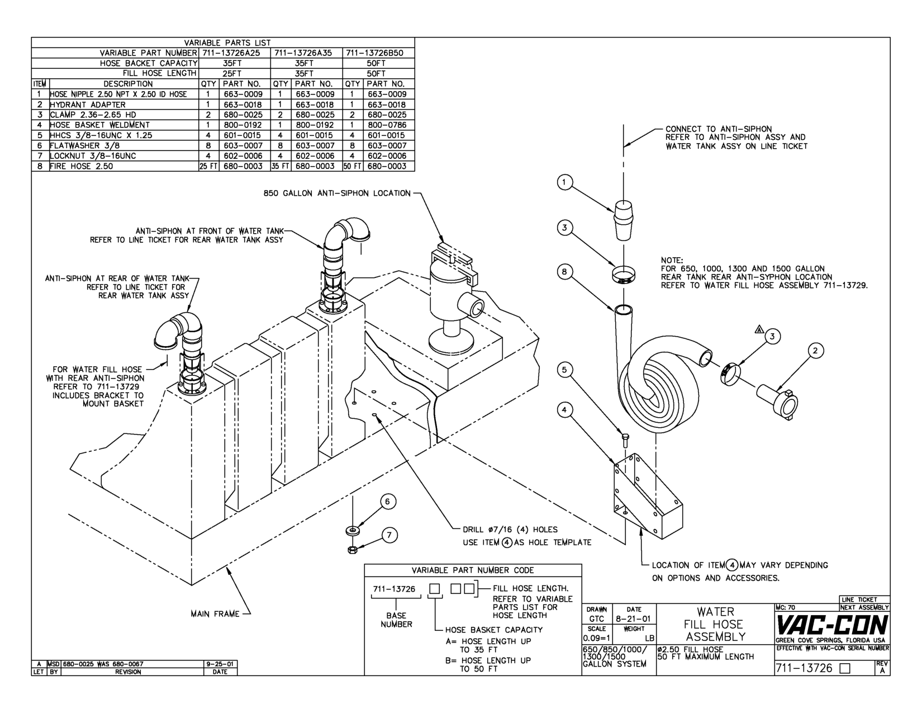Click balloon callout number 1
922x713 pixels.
pos(565,182)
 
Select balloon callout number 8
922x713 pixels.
pos(565,272)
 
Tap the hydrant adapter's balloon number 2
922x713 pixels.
pos(815,351)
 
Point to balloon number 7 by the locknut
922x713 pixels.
pos(389,535)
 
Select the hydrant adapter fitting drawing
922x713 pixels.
pos(778,398)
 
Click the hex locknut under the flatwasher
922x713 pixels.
pos(353,549)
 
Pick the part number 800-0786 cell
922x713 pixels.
pos(387,125)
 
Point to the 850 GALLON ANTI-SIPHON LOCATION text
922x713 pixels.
pos(336,193)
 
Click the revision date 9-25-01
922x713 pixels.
pos(220,664)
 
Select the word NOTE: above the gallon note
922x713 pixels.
pos(672,261)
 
